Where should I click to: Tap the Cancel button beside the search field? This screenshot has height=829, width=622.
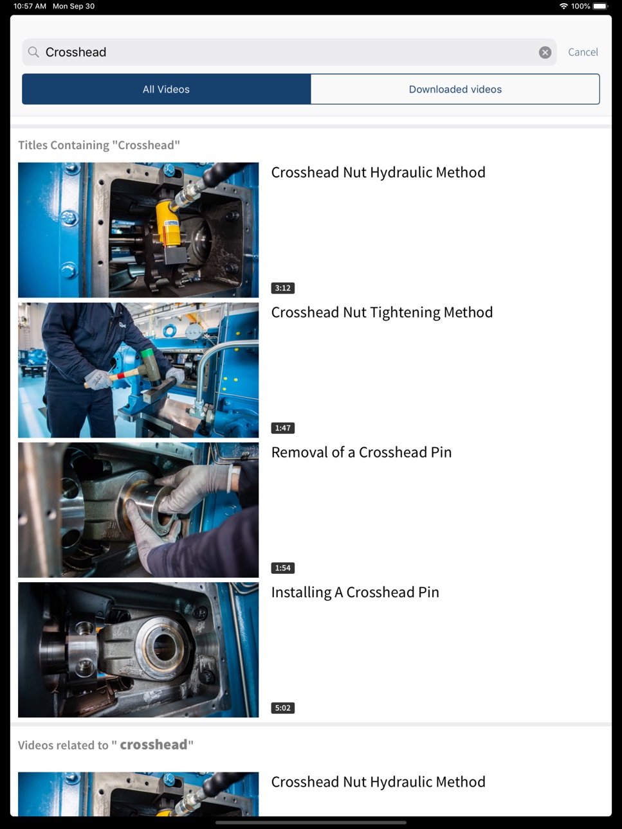583,52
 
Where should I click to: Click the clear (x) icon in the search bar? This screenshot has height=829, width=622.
545,53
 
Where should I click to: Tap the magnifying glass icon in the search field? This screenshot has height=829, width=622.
33,52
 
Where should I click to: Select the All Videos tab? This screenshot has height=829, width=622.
166,89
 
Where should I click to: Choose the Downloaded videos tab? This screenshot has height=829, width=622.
455,89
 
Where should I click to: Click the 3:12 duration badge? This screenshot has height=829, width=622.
282,288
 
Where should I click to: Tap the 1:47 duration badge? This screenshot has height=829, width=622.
282,428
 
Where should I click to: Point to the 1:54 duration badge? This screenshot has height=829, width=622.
282,567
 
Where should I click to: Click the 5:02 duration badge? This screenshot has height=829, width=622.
282,708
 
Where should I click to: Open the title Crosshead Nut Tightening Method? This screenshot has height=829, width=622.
381,313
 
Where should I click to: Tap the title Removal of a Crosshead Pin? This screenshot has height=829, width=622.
361,452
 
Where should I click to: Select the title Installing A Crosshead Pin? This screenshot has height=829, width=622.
355,593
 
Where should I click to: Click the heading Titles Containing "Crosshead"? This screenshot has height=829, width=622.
99,145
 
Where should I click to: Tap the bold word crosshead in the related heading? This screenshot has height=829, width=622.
154,744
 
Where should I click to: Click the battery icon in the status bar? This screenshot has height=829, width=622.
601,6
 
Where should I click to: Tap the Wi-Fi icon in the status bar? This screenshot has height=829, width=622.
563,6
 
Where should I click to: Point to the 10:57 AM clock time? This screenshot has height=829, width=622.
30,6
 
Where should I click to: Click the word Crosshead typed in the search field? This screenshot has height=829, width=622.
76,52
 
